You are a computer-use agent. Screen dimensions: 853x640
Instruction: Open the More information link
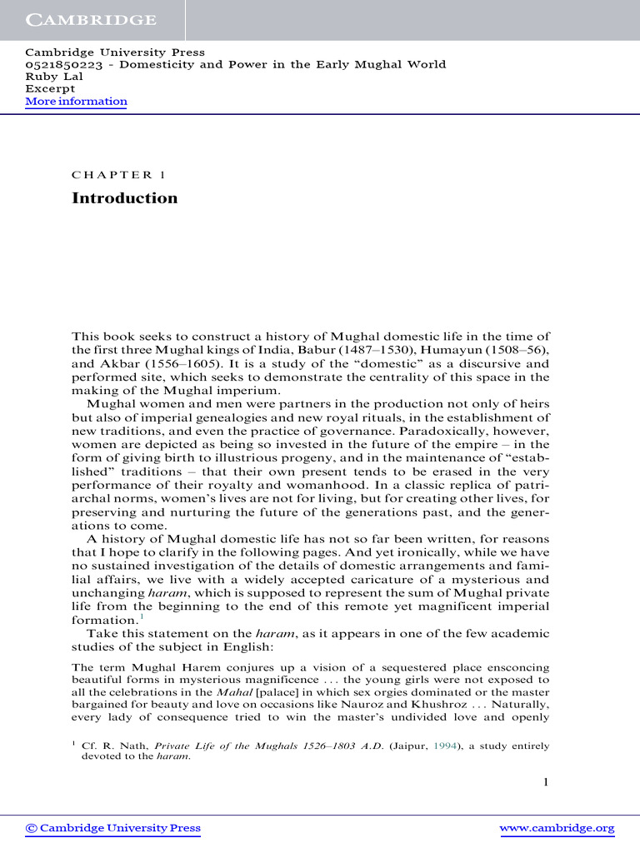click(76, 102)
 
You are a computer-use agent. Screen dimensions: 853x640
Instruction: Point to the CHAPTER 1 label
click(112, 175)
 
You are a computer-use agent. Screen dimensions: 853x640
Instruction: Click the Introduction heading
click(124, 198)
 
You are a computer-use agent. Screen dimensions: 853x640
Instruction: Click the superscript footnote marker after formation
click(142, 617)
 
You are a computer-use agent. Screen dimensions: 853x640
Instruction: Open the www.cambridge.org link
click(556, 828)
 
